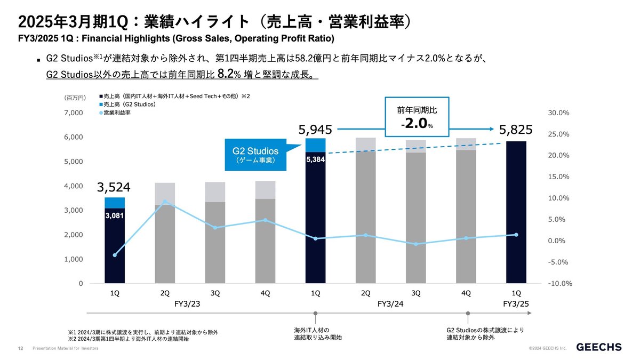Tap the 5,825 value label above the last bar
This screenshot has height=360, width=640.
click(x=515, y=130)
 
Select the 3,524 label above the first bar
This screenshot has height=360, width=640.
click(x=114, y=187)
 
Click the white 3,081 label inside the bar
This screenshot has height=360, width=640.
click(x=114, y=216)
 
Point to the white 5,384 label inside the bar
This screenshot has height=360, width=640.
click(x=315, y=159)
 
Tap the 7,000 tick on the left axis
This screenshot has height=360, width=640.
click(x=74, y=113)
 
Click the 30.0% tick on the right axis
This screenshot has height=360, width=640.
click(x=559, y=113)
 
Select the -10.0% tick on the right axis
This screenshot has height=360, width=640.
click(x=559, y=284)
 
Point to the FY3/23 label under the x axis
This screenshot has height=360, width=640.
click(x=189, y=304)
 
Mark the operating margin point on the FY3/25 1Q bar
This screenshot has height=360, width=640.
click(x=516, y=235)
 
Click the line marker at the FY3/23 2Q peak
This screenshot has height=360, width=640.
click(x=165, y=202)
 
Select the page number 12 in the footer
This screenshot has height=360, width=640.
click(x=20, y=348)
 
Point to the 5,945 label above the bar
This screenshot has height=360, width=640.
click(x=315, y=130)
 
